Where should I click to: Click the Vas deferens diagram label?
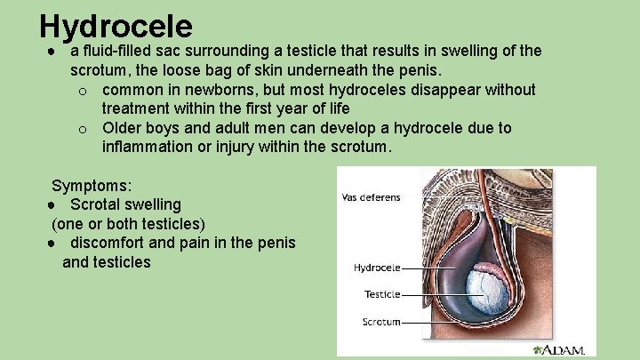pos(372,197)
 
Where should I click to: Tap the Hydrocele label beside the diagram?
pos(376,267)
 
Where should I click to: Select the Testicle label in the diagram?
pos(382,294)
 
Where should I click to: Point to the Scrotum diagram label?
pos(381,321)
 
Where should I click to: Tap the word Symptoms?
pos(92,186)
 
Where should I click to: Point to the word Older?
pos(123,127)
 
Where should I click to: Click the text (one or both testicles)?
pos(128,223)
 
